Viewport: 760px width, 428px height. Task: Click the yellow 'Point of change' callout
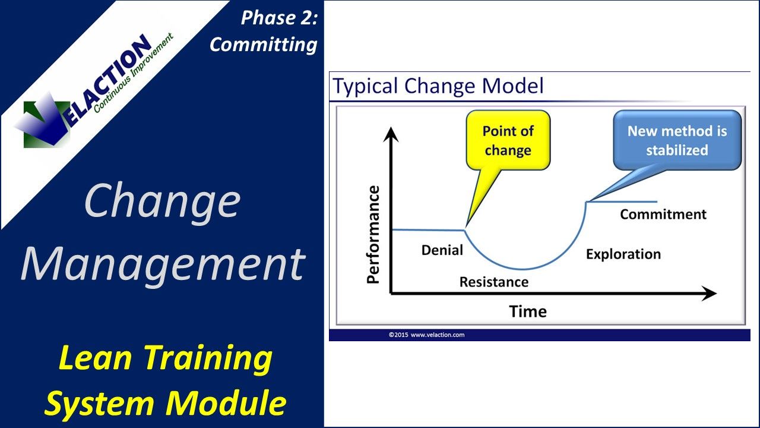[x=508, y=140]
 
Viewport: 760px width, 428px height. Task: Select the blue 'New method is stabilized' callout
[x=677, y=140]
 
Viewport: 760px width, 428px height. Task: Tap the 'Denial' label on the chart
[x=442, y=250]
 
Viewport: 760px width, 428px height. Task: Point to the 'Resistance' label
[x=493, y=282]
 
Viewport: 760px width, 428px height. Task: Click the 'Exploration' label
[x=623, y=254]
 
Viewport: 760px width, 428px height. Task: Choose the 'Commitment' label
[x=663, y=215]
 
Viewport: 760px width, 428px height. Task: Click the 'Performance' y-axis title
[x=373, y=234]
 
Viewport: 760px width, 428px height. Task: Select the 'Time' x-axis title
[x=527, y=311]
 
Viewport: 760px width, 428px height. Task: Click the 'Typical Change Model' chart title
[x=438, y=86]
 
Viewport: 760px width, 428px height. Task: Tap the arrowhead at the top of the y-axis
[x=390, y=135]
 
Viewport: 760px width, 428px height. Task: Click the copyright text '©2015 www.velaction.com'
[x=426, y=335]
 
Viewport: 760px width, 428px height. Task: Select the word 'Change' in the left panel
[x=162, y=201]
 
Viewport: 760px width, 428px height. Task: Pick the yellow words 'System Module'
[x=164, y=403]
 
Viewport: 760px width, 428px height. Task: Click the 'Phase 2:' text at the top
[x=279, y=18]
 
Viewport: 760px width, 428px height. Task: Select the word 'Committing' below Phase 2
[x=264, y=45]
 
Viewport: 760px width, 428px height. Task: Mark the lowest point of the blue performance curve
[x=522, y=269]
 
